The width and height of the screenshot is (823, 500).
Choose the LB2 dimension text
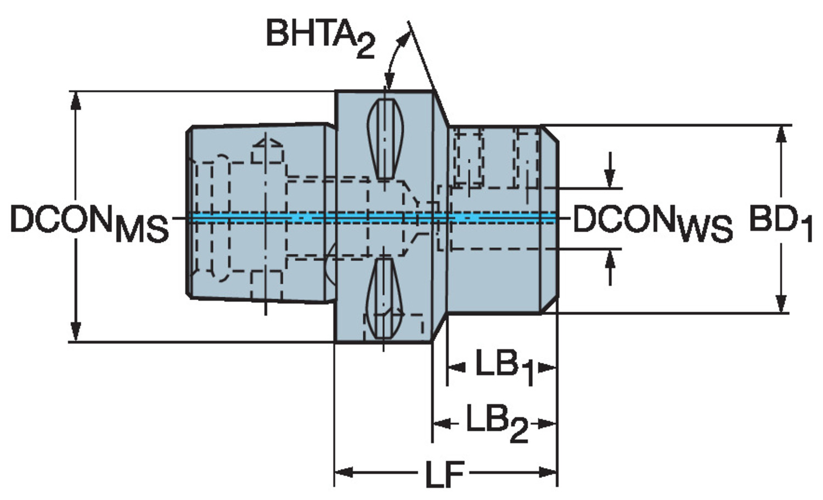point(497,424)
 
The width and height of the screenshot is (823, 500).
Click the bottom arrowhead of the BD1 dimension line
point(781,305)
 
